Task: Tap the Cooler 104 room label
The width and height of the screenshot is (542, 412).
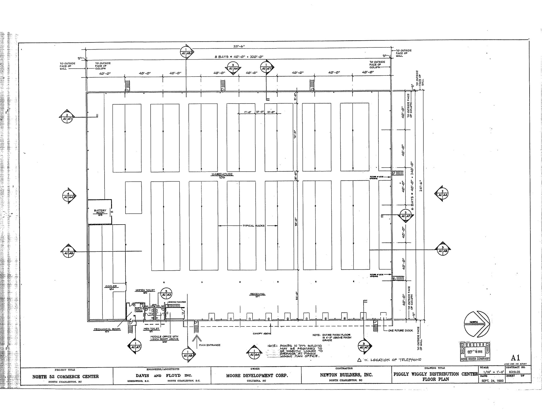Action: click(x=111, y=287)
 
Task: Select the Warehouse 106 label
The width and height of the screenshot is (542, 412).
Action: click(x=222, y=176)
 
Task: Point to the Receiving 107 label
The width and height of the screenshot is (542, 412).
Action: click(x=257, y=295)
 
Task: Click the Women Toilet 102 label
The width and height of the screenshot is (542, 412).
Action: click(x=145, y=291)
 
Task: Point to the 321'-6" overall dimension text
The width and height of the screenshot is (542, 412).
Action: click(x=239, y=46)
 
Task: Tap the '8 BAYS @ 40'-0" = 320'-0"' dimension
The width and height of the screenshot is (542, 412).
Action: click(x=239, y=57)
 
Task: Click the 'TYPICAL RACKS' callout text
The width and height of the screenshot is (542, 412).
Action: click(x=254, y=226)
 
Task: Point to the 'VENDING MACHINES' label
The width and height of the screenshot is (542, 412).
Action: click(x=177, y=302)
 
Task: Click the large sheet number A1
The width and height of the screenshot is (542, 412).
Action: click(x=515, y=358)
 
